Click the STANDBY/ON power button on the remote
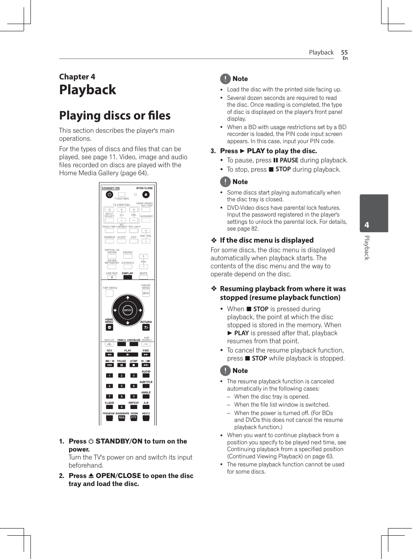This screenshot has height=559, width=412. click(109, 194)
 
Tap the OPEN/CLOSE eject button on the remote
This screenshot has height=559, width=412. click(146, 194)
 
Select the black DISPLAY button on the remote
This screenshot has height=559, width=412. click(127, 277)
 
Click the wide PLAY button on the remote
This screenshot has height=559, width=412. click(127, 354)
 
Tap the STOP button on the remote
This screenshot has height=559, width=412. click(133, 365)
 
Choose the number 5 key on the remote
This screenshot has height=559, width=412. click(121, 386)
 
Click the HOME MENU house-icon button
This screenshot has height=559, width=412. click(109, 327)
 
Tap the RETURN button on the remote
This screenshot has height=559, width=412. click(146, 327)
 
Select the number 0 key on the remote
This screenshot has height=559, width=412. click(121, 407)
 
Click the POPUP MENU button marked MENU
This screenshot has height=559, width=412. click(146, 293)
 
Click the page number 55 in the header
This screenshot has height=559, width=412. click(344, 52)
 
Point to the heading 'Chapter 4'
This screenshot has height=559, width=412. click(77, 77)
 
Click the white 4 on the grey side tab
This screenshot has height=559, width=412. click(367, 225)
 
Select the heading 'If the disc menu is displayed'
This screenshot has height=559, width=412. click(267, 240)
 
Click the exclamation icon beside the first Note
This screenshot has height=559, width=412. click(225, 79)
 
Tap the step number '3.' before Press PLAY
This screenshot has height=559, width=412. click(213, 151)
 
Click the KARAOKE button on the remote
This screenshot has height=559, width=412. click(146, 220)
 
